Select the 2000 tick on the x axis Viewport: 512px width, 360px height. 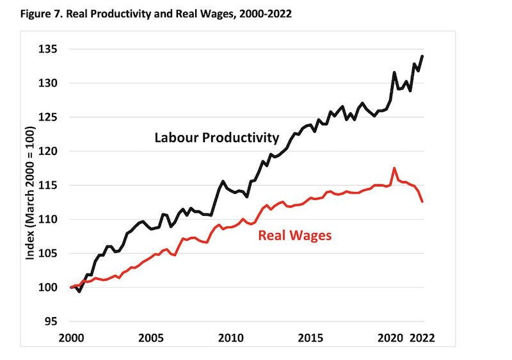(70, 338)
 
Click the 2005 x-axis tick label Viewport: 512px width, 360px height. (150, 338)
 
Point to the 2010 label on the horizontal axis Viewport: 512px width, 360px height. (230, 338)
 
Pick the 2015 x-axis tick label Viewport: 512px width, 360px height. (310, 338)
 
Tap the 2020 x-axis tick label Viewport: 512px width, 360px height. (391, 338)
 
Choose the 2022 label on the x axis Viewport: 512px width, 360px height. (423, 338)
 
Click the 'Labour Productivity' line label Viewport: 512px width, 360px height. (216, 137)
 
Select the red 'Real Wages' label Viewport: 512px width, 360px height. (295, 235)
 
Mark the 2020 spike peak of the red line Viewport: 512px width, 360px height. (394, 168)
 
